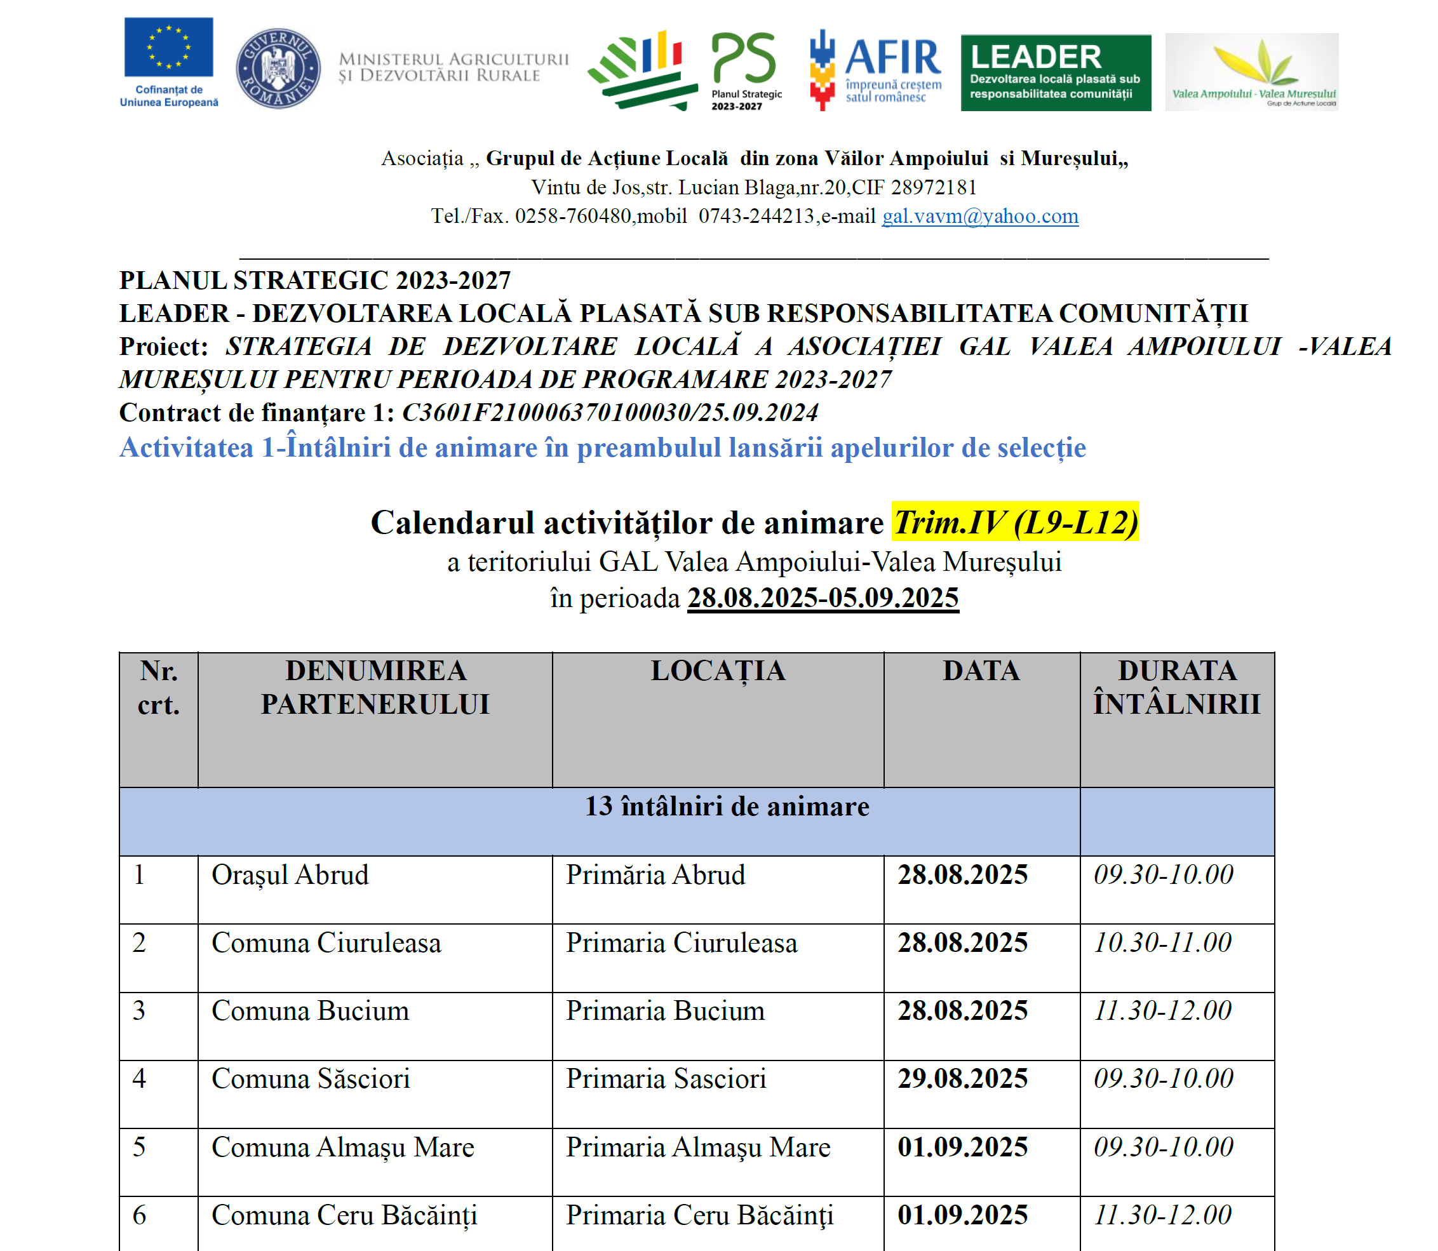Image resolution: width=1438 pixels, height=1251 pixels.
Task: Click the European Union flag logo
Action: [168, 48]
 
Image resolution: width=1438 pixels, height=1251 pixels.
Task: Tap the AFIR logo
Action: [875, 69]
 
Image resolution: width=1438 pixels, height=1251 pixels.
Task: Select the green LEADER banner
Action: [1055, 72]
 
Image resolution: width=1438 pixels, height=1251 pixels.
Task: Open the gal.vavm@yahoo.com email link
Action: [979, 217]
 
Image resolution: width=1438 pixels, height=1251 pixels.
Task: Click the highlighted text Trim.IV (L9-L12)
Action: [1015, 522]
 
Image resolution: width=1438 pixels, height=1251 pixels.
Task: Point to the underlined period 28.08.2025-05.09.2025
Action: [823, 598]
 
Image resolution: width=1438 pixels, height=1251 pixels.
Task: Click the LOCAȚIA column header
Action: [718, 671]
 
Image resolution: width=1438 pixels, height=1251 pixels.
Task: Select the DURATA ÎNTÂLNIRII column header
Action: [1176, 688]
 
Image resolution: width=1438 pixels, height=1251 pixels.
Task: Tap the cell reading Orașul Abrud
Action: [290, 874]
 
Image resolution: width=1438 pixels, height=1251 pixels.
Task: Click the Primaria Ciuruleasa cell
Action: [682, 943]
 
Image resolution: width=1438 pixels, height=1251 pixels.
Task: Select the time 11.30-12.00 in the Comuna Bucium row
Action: [1162, 1011]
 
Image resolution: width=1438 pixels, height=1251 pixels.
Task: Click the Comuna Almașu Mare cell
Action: [343, 1147]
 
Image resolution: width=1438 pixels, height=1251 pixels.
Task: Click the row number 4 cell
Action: [140, 1078]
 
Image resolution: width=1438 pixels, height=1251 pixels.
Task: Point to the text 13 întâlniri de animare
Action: [727, 807]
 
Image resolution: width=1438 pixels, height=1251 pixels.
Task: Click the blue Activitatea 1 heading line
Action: [602, 448]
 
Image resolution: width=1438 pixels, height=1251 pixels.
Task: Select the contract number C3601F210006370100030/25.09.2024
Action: [609, 413]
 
